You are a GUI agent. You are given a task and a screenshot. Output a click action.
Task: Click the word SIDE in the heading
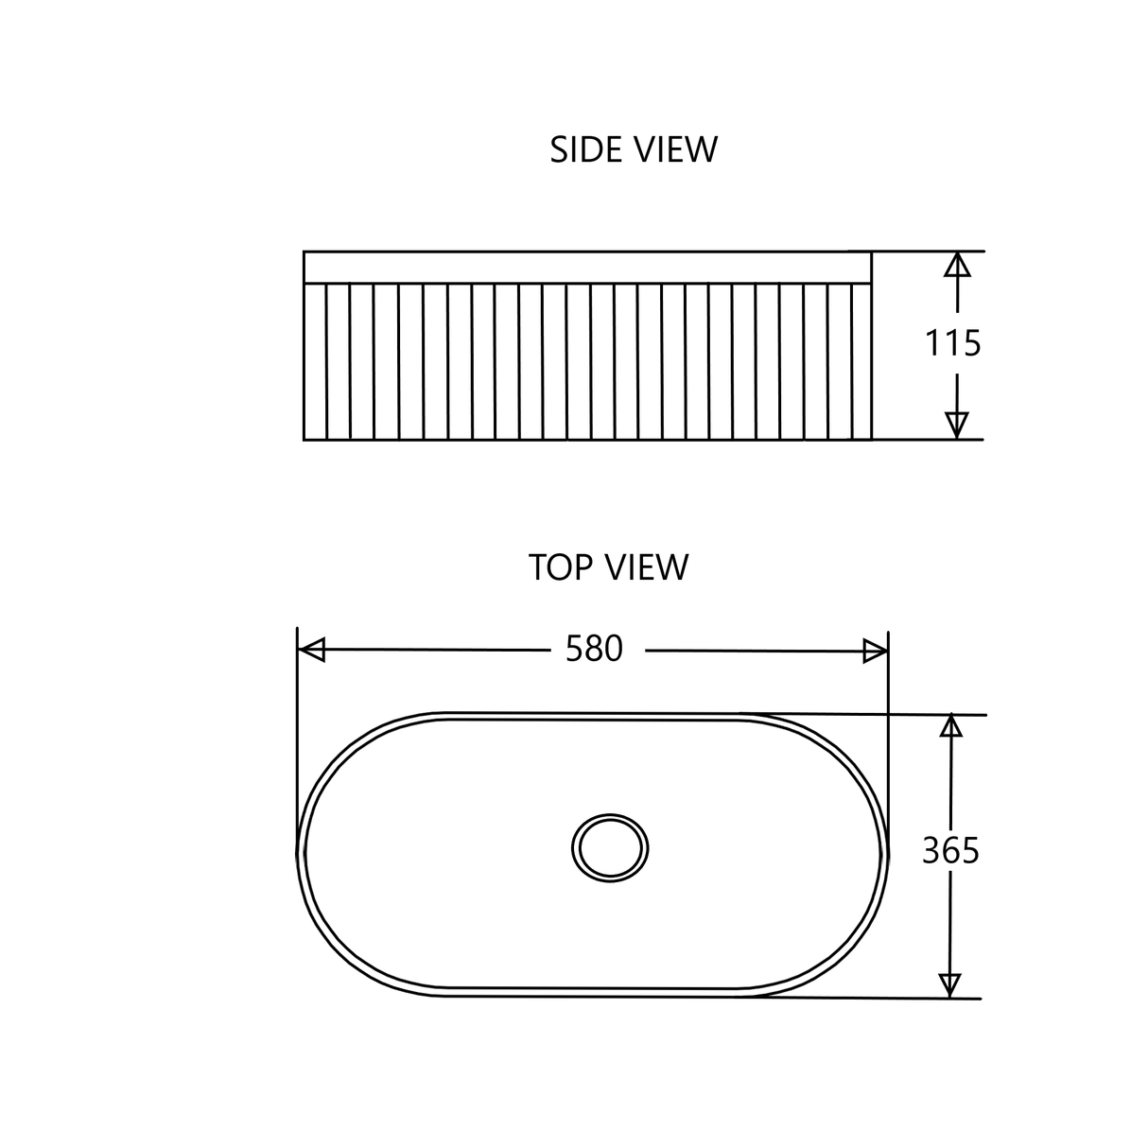pos(585,149)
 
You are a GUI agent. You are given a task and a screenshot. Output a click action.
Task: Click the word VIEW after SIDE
pos(675,149)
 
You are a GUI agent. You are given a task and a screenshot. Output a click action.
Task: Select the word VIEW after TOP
pos(648,567)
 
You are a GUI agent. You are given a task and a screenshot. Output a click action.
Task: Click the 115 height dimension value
pos(952,344)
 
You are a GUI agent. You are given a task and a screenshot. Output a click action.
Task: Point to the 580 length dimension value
pos(594,649)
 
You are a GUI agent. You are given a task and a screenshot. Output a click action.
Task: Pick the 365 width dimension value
pos(950,851)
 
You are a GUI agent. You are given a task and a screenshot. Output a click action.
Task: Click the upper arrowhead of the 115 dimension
pos(957,265)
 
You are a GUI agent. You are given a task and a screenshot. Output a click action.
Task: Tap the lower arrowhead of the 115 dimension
pos(956,426)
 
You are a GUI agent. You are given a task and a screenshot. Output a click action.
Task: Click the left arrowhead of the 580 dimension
pos(311,650)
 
